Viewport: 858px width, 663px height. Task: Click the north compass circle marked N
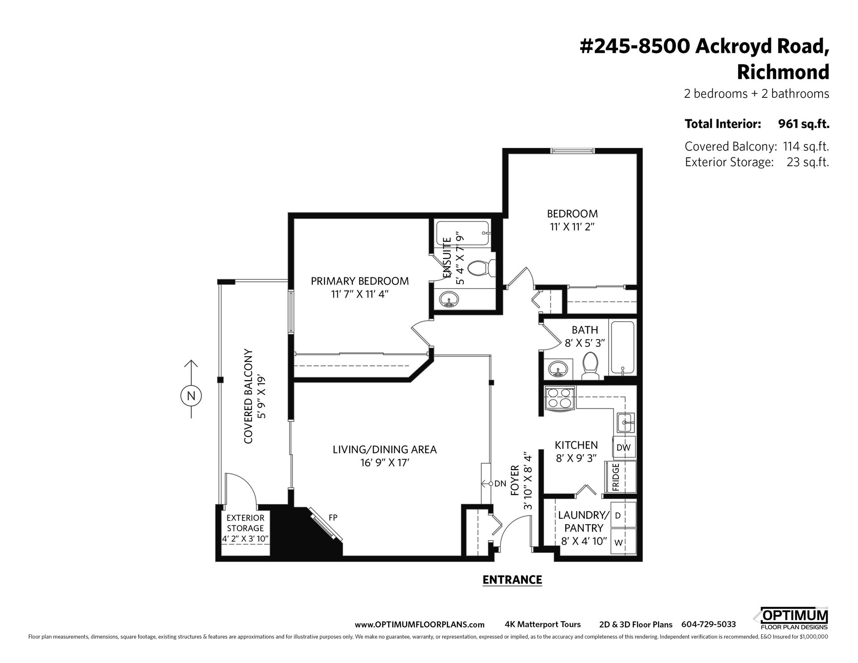pyautogui.click(x=191, y=395)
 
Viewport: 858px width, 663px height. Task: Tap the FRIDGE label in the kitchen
pyautogui.click(x=616, y=478)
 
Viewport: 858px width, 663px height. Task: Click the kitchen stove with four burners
pyautogui.click(x=560, y=398)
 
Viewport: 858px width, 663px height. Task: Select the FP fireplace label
pyautogui.click(x=333, y=517)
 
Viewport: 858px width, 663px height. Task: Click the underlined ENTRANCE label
pyautogui.click(x=512, y=580)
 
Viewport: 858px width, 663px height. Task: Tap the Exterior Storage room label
pyautogui.click(x=245, y=528)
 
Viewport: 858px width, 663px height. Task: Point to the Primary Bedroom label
pyautogui.click(x=360, y=281)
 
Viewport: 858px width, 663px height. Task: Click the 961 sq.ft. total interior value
pyautogui.click(x=803, y=124)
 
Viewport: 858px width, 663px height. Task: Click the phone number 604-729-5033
pyautogui.click(x=708, y=625)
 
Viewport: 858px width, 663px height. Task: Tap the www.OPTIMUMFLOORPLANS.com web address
pyautogui.click(x=420, y=625)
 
